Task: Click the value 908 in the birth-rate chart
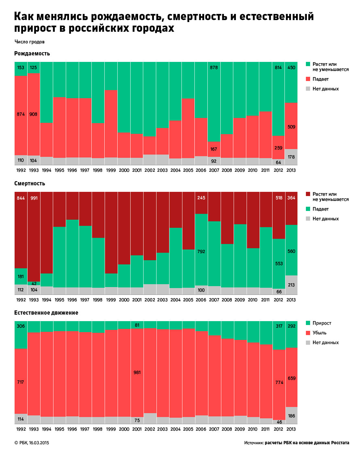click(x=33, y=114)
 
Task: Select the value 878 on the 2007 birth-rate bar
click(x=214, y=68)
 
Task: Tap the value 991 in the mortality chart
click(x=34, y=198)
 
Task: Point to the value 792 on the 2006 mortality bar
click(x=201, y=251)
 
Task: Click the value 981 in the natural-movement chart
click(x=137, y=373)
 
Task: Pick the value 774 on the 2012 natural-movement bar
click(x=279, y=382)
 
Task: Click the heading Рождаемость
click(x=32, y=53)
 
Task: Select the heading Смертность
click(x=29, y=183)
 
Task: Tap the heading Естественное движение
click(x=46, y=313)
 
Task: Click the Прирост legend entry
click(x=322, y=323)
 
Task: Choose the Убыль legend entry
click(x=319, y=333)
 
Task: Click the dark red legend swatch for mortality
click(x=308, y=194)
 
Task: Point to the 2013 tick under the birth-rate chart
click(x=291, y=170)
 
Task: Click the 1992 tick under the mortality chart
click(x=21, y=300)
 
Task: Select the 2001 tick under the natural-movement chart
click(x=137, y=429)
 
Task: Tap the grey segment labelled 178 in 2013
click(x=291, y=157)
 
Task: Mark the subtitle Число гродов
click(x=29, y=42)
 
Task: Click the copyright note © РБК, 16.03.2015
click(x=32, y=443)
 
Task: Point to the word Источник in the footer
click(x=254, y=443)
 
